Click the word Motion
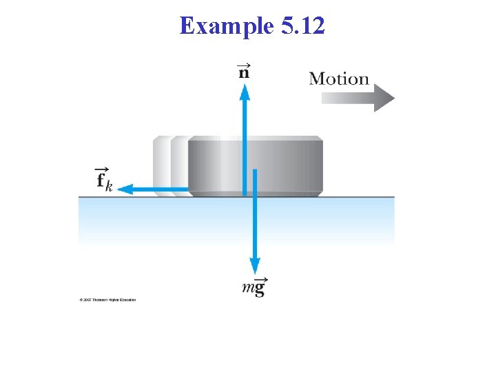pyautogui.click(x=339, y=79)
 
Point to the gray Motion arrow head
pyautogui.click(x=384, y=98)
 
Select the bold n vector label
pyautogui.click(x=244, y=72)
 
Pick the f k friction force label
pyautogui.click(x=104, y=180)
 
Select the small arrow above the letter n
pyautogui.click(x=244, y=64)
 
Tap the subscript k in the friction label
pyautogui.click(x=109, y=187)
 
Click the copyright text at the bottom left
pyautogui.click(x=107, y=300)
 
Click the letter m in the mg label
pyautogui.click(x=248, y=289)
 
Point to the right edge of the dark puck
pyautogui.click(x=321, y=165)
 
